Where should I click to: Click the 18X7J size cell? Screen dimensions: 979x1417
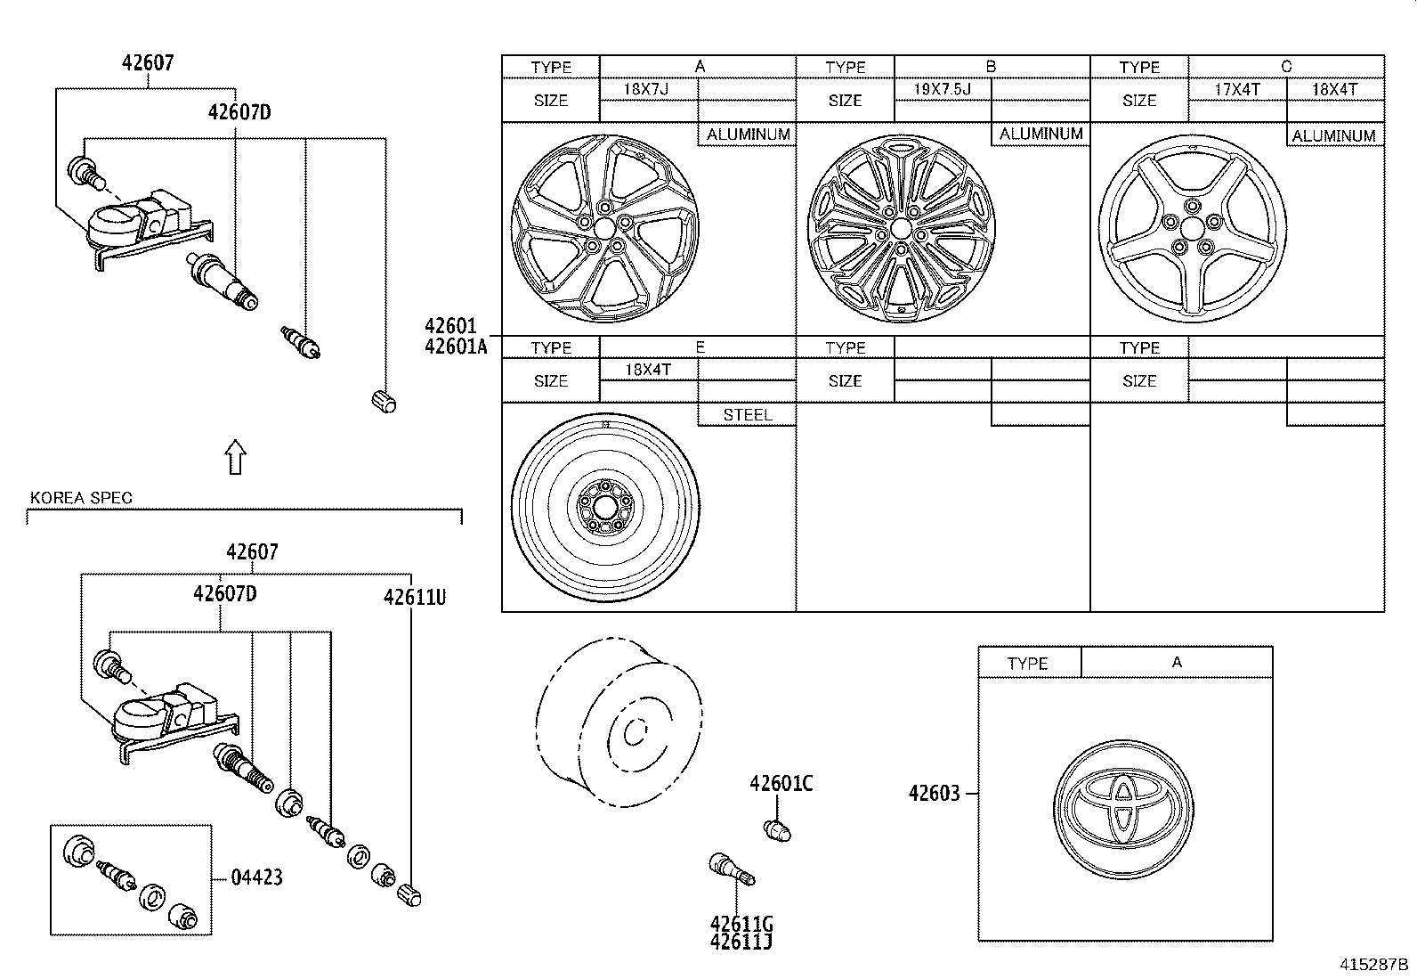647,89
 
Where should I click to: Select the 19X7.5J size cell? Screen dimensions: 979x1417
941,89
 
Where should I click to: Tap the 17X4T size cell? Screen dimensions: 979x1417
1236,89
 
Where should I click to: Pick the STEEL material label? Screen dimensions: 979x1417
747,415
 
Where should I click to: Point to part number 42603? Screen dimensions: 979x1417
934,793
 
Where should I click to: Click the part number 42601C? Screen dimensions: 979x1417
781,783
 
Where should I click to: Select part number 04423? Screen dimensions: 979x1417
256,877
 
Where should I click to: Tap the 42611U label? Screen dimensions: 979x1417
414,597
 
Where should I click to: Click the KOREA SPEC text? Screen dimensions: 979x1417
81,498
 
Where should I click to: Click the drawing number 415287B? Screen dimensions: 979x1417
1374,965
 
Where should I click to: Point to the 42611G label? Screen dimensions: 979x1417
741,923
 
